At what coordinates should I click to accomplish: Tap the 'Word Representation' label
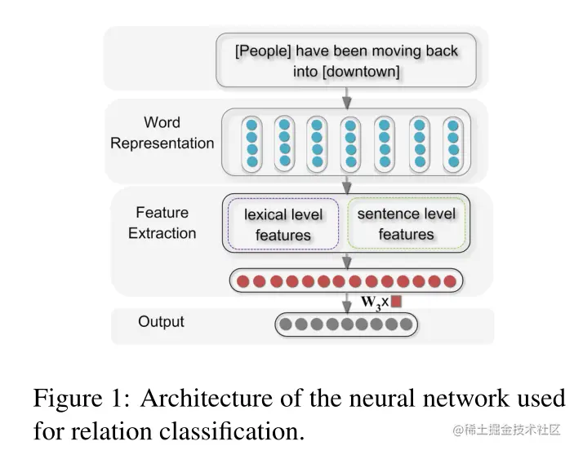pyautogui.click(x=162, y=133)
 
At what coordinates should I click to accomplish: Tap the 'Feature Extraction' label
pyautogui.click(x=162, y=223)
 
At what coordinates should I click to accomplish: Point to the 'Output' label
pyautogui.click(x=161, y=321)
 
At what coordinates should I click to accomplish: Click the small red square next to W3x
pyautogui.click(x=397, y=302)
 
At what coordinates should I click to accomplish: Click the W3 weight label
pyautogui.click(x=372, y=302)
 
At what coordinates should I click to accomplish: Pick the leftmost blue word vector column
pyautogui.click(x=252, y=143)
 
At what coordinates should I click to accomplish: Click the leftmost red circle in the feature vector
pyautogui.click(x=243, y=281)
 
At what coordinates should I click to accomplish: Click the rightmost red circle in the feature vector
pyautogui.click(x=449, y=281)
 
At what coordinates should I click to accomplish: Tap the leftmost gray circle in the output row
pyautogui.click(x=286, y=324)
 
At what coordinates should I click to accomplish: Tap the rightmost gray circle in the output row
pyautogui.click(x=406, y=324)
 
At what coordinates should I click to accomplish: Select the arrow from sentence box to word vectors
pyautogui.click(x=347, y=97)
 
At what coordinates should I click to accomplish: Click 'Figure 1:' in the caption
pyautogui.click(x=81, y=399)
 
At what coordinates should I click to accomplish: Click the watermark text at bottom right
pyautogui.click(x=506, y=430)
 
